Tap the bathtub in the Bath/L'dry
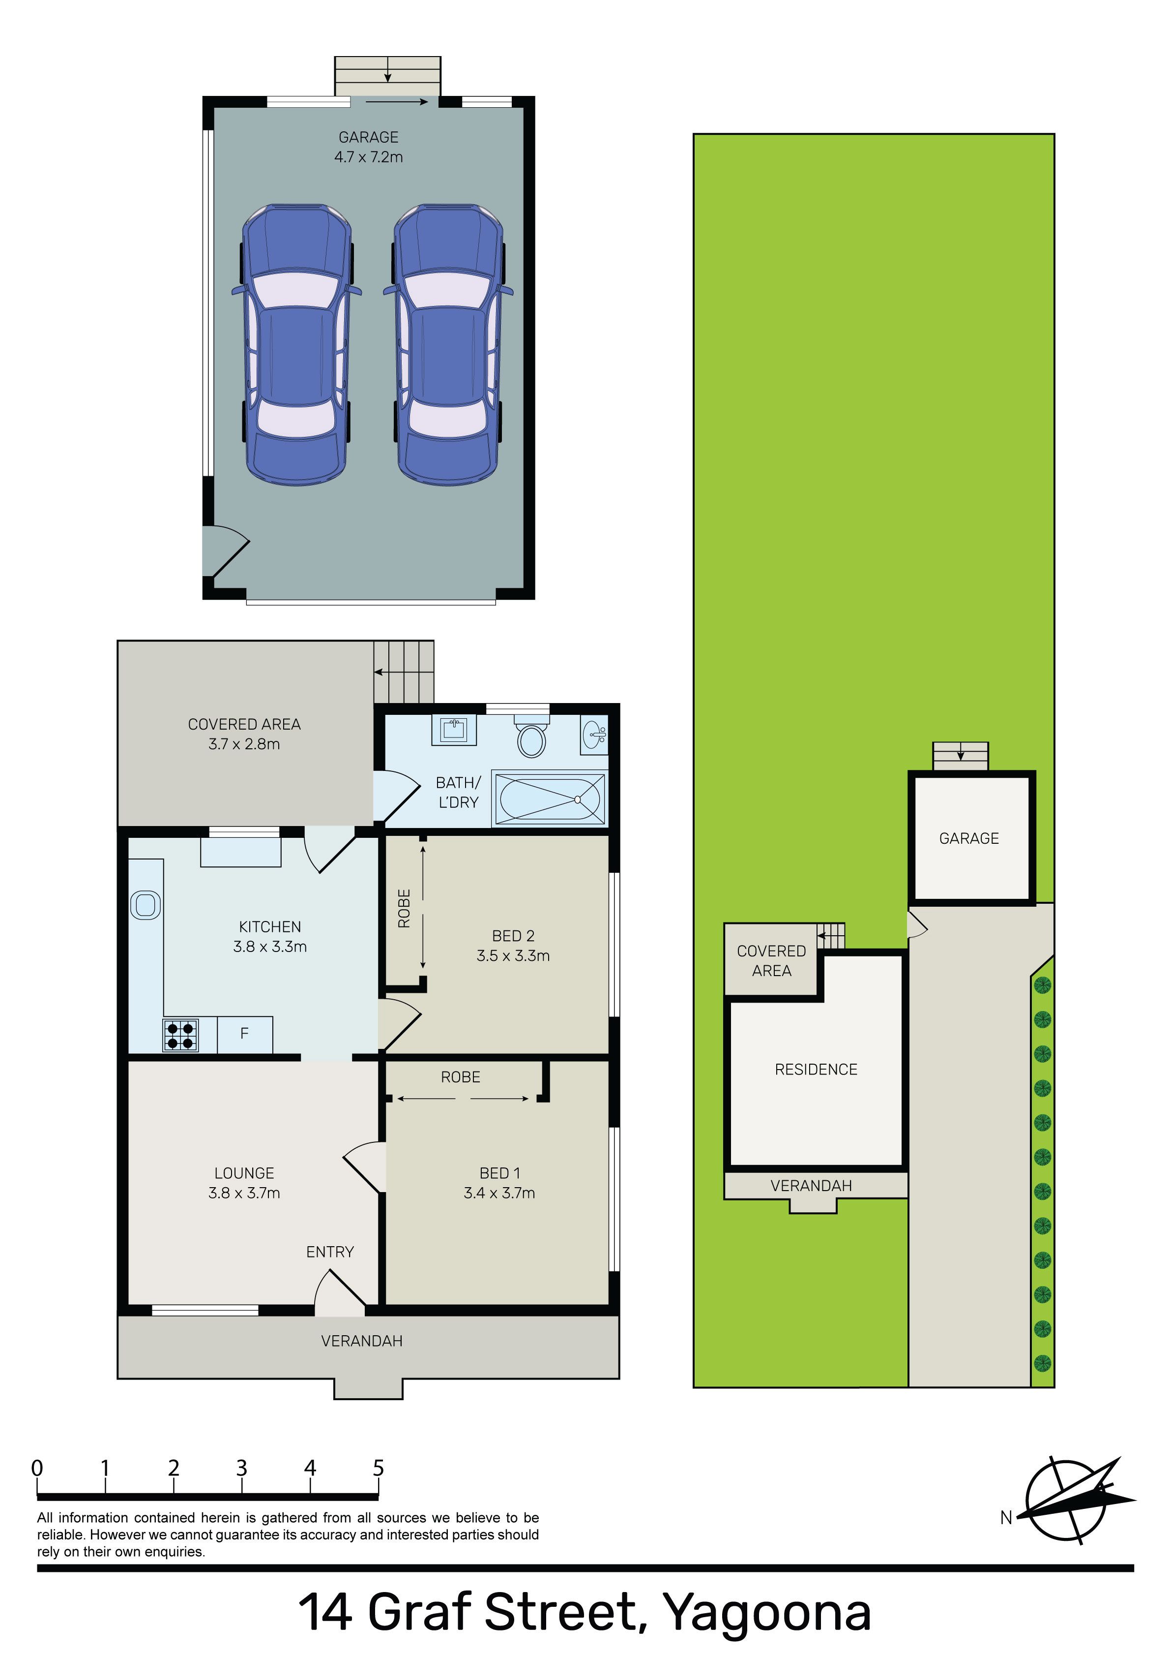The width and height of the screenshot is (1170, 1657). coord(550,798)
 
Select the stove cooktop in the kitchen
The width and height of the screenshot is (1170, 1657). coord(180,1036)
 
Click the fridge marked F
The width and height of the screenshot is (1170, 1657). coord(244,1034)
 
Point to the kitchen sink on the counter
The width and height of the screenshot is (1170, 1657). coord(146,905)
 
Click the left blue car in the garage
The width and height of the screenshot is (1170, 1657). coord(296,345)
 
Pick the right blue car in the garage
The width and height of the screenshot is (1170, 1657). coord(448,345)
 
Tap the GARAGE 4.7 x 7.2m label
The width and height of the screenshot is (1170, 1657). coord(369,147)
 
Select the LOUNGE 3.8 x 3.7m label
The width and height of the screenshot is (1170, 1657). coord(244,1183)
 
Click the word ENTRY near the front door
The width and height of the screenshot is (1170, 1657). coord(330,1252)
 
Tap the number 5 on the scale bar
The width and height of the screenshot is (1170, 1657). coord(378,1468)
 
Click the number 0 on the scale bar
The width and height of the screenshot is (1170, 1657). coord(37,1468)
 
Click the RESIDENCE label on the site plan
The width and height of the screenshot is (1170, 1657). coord(816,1070)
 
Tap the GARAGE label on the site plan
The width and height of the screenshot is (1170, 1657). coord(969,839)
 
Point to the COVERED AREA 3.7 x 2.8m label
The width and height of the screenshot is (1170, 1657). coord(244,734)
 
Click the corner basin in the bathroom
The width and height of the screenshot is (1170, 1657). coord(594,736)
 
